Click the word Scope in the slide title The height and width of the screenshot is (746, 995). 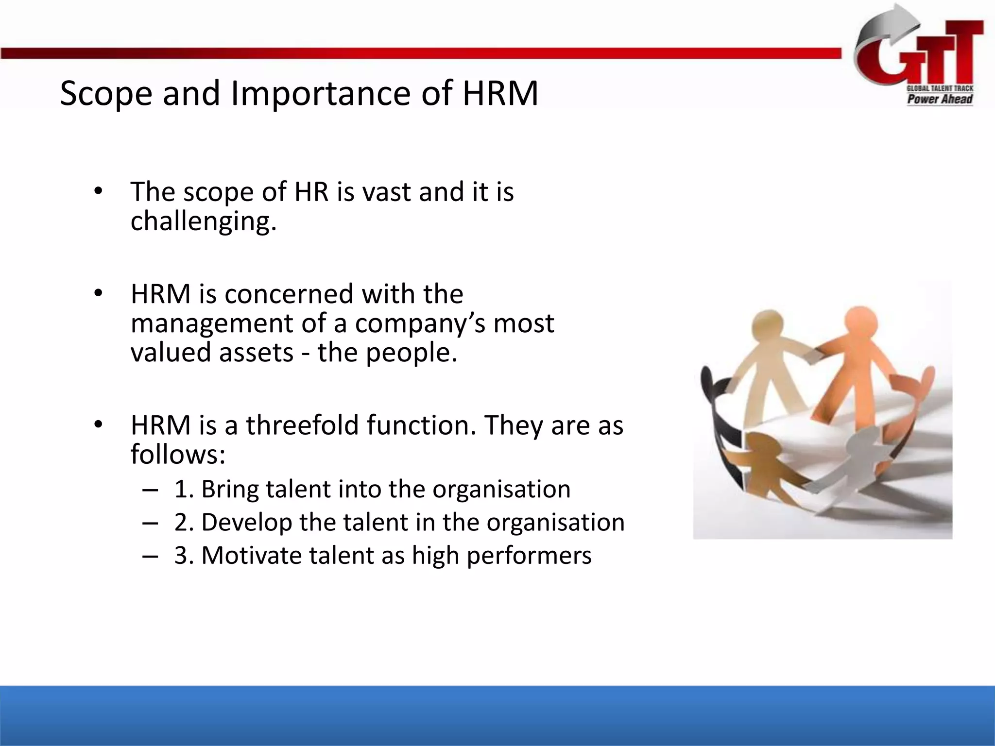pos(106,93)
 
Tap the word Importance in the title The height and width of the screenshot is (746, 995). pos(321,93)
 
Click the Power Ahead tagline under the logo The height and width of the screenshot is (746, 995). pos(940,100)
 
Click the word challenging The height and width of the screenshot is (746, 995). pos(203,222)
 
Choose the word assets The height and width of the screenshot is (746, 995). pos(256,352)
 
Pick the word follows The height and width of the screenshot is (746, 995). pos(178,454)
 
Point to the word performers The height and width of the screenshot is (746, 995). pos(529,556)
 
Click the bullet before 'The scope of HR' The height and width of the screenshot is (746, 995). pos(99,191)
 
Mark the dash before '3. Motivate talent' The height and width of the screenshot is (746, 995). pos(150,556)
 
